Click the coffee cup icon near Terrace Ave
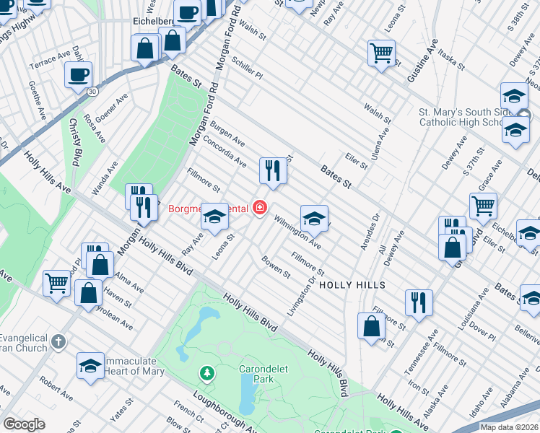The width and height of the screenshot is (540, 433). (78, 74)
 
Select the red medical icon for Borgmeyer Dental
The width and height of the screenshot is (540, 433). (259, 209)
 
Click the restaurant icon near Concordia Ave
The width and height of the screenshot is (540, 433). (273, 170)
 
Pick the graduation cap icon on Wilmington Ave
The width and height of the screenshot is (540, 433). (314, 218)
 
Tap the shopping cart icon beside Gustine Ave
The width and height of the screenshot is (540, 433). (381, 53)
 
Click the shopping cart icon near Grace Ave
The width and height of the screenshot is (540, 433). (483, 205)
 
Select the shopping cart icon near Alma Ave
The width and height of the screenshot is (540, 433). (56, 283)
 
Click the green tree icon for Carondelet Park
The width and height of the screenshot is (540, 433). (207, 373)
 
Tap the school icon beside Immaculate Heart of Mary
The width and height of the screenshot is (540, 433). (90, 365)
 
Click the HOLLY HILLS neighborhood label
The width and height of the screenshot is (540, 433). (352, 285)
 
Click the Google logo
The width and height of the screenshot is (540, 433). (24, 424)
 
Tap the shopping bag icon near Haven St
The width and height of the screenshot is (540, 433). (89, 293)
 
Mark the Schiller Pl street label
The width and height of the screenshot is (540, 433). (248, 69)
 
